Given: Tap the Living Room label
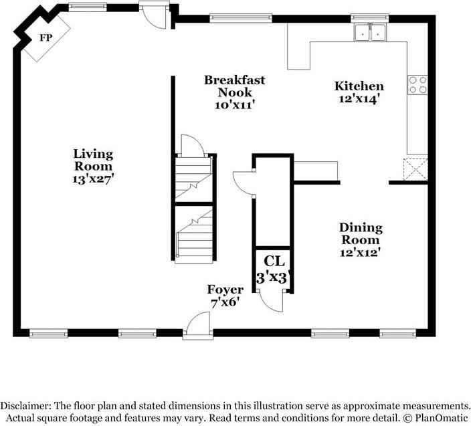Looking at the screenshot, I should click(93, 160).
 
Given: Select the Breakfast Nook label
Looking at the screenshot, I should click(234, 86).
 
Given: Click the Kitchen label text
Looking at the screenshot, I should click(359, 86).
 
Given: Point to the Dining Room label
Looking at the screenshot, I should click(360, 233).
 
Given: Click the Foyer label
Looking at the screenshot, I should click(224, 290).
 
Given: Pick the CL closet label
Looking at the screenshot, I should click(273, 261).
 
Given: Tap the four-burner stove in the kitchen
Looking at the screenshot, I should click(417, 84).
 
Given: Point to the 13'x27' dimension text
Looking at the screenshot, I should click(93, 179).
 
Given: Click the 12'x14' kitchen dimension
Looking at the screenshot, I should click(359, 98).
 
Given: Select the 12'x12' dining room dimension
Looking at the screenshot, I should click(360, 252).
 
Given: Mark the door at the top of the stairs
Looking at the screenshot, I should click(189, 145).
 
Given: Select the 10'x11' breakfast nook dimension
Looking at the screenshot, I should click(234, 104).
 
